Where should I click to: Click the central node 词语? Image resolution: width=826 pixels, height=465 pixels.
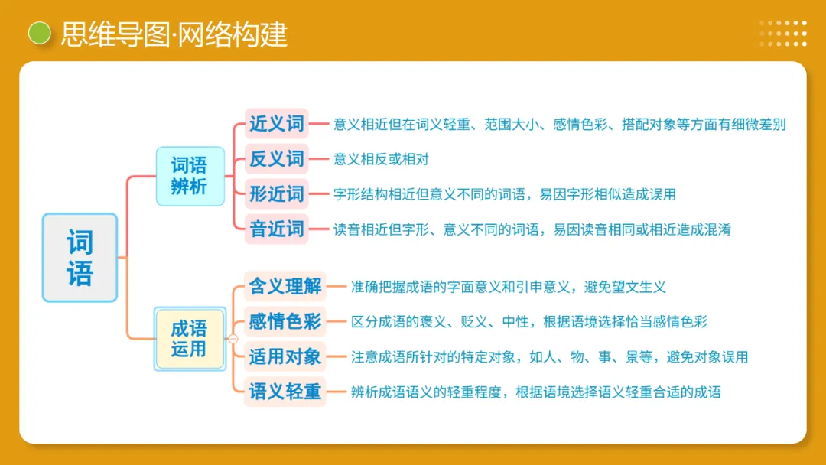[80, 258]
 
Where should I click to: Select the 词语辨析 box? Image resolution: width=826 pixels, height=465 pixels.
[190, 176]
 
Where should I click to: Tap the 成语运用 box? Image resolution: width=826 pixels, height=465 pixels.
[190, 339]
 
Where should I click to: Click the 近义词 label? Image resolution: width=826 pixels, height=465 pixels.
[277, 123]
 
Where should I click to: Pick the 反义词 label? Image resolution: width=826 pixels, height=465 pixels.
[277, 159]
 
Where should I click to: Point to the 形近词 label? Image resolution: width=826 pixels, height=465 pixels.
[277, 193]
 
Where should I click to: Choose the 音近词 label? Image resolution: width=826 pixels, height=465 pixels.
[277, 229]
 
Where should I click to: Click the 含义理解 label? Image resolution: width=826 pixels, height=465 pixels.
[285, 287]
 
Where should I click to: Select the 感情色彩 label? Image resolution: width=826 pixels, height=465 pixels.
[285, 321]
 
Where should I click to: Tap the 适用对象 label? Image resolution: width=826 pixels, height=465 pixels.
[285, 356]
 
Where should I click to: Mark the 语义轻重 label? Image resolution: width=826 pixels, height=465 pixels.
[285, 392]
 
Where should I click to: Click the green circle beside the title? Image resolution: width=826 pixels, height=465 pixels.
[39, 33]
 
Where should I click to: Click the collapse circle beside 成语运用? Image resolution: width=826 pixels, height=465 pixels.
[233, 339]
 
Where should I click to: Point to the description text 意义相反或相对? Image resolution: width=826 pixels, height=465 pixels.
[381, 159]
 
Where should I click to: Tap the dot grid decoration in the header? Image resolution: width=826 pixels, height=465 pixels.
[783, 34]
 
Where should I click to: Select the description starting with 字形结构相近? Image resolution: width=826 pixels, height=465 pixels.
[505, 194]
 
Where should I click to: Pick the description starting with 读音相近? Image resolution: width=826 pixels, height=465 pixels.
[532, 229]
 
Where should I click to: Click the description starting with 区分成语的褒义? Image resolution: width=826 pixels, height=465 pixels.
[529, 322]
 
